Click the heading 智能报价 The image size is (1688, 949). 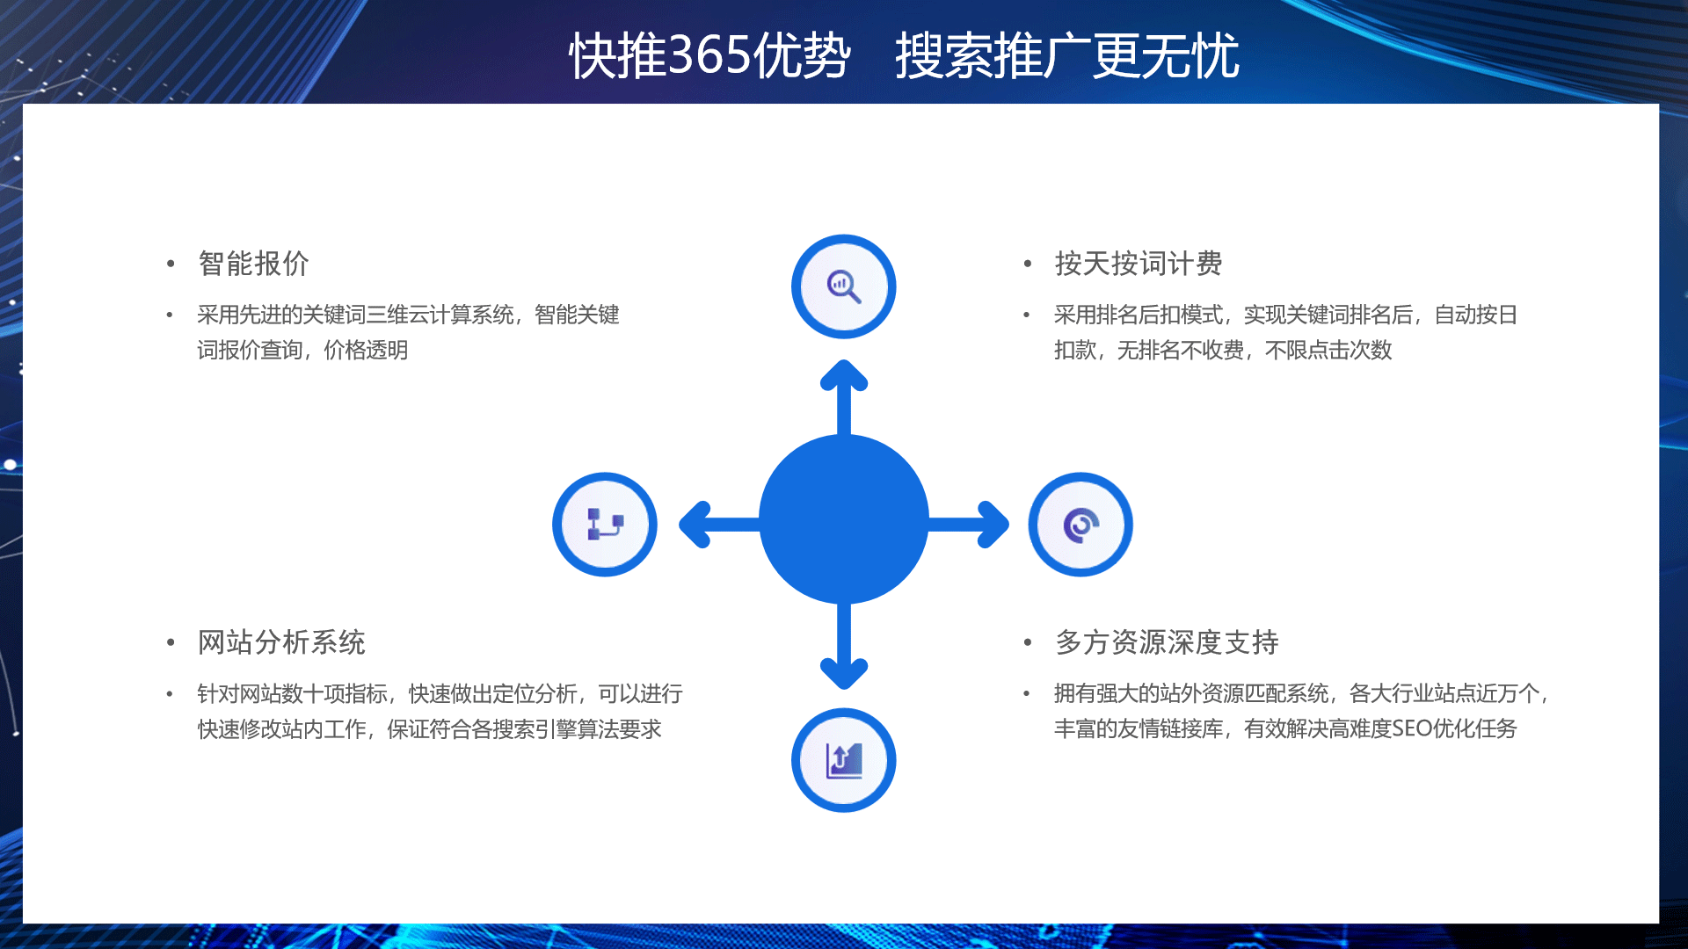click(x=253, y=264)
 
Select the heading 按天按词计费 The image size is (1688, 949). click(x=1139, y=264)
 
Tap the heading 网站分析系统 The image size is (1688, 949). click(x=281, y=642)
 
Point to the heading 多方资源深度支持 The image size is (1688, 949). click(x=1167, y=642)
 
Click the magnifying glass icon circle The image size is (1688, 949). click(x=844, y=286)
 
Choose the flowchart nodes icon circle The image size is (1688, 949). click(x=605, y=525)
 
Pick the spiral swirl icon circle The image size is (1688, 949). click(x=1080, y=525)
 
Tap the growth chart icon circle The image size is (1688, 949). click(x=844, y=760)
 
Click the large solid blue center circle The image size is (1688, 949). click(x=844, y=519)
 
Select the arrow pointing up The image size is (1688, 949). click(x=844, y=397)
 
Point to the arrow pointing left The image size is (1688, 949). click(x=719, y=525)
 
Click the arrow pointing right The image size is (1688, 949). click(x=968, y=525)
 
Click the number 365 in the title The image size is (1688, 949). click(x=710, y=55)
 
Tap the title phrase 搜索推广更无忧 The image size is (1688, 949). click(x=1067, y=55)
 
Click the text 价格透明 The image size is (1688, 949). click(x=366, y=350)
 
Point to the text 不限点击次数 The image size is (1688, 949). click(x=1328, y=350)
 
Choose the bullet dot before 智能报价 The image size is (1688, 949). click(x=171, y=264)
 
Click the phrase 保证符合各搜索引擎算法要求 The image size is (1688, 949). click(x=524, y=728)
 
